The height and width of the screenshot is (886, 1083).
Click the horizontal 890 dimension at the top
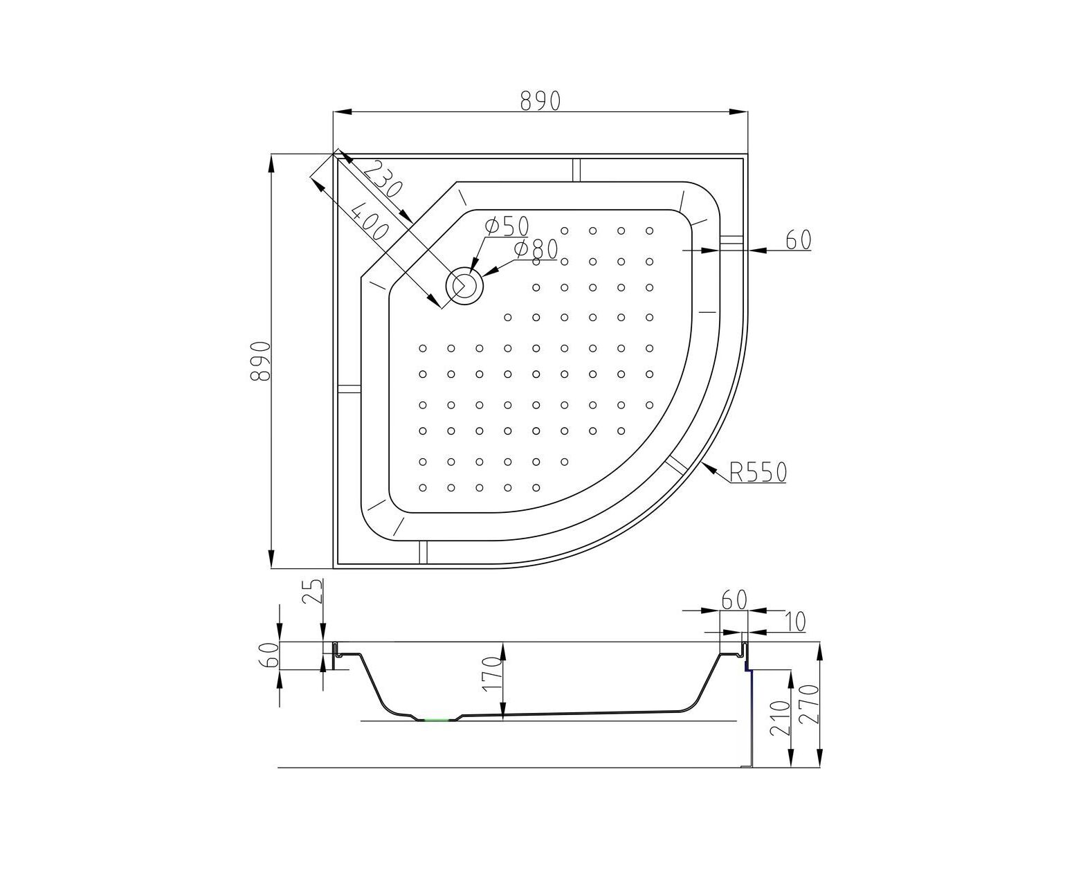[x=540, y=100]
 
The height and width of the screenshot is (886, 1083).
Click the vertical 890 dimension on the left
[x=260, y=361]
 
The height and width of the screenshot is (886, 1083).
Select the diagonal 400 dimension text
[x=370, y=221]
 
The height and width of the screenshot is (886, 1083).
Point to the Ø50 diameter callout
[x=507, y=226]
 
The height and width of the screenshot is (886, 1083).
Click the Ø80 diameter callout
[x=536, y=250]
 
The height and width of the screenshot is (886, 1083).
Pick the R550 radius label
[x=758, y=472]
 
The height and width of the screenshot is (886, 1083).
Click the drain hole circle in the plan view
[x=464, y=286]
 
